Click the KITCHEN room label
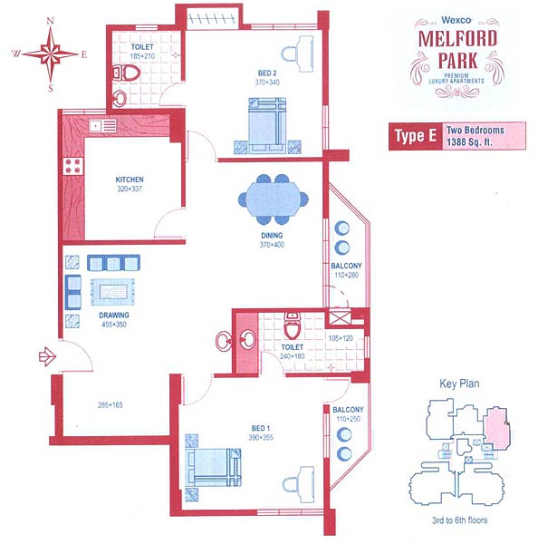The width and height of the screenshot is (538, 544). coord(130,180)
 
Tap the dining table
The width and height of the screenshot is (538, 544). coord(274,199)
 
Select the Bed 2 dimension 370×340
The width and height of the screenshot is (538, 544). coord(267,83)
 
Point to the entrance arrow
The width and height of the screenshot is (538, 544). coord(47,356)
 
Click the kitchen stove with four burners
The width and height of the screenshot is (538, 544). coord(72,166)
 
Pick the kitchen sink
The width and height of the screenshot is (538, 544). coord(102,126)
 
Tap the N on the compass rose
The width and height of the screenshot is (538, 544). coord(50,21)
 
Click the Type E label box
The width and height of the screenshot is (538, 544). coord(416,136)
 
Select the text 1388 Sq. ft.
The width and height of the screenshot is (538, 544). coord(469,142)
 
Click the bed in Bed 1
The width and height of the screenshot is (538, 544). coord(213,467)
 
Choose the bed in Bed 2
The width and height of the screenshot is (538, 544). coord(267,125)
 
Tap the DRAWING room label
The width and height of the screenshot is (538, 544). coord(114,315)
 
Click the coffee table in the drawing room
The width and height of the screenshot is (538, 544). coord(112,292)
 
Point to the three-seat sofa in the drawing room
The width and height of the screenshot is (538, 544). coord(113,263)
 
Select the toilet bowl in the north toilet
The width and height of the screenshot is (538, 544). coord(126,73)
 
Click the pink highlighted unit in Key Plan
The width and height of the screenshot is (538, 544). coord(496,428)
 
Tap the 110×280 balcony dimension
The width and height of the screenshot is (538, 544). coord(346,275)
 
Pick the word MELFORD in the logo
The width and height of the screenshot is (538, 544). coord(457,38)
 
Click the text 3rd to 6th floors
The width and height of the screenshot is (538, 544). coord(460,520)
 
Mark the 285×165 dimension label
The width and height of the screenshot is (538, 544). coord(110,405)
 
